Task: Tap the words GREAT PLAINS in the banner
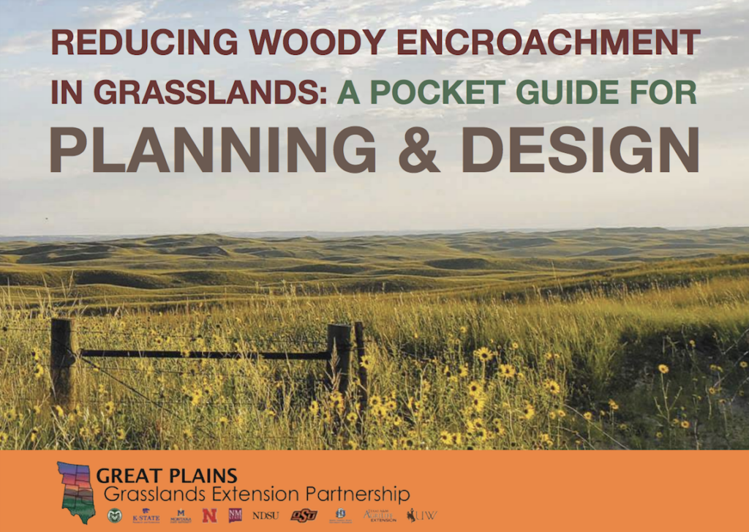[x=167, y=476]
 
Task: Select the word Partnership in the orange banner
[x=354, y=492]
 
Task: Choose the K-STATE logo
[x=146, y=515]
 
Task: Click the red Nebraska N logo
[x=209, y=515]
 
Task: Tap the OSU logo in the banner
[x=304, y=515]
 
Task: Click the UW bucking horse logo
[x=422, y=515]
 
